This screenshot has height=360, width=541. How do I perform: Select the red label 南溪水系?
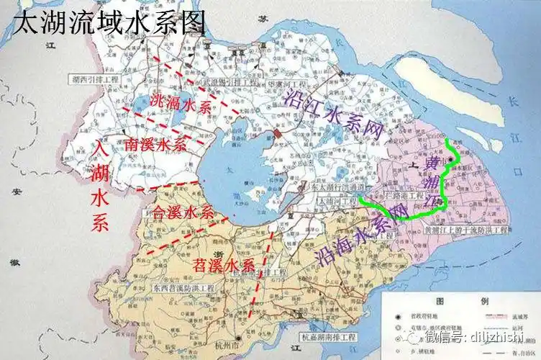point(155,144)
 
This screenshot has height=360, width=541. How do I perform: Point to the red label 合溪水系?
point(183,212)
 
